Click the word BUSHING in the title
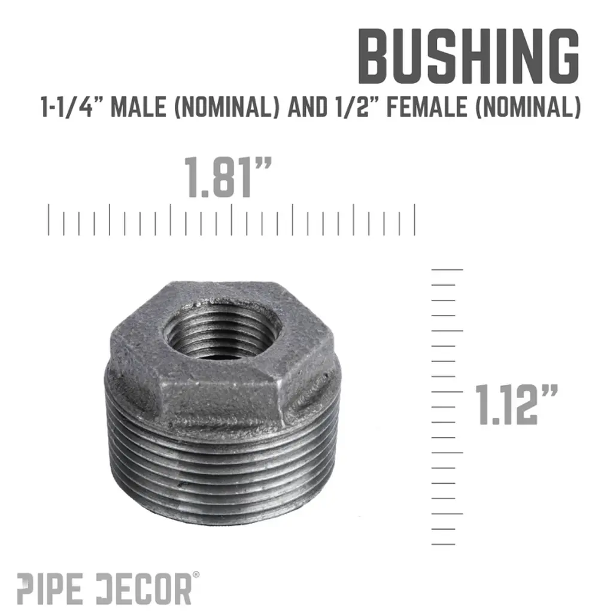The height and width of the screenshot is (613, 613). (x=468, y=56)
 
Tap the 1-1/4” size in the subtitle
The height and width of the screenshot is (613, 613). (x=67, y=107)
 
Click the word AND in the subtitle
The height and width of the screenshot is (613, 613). (x=307, y=107)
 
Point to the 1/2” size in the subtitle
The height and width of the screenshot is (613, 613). (x=357, y=107)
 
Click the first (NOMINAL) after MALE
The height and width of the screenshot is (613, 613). (x=227, y=107)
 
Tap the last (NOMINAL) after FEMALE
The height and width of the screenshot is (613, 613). (x=528, y=107)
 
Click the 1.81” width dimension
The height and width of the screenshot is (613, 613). (x=227, y=177)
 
